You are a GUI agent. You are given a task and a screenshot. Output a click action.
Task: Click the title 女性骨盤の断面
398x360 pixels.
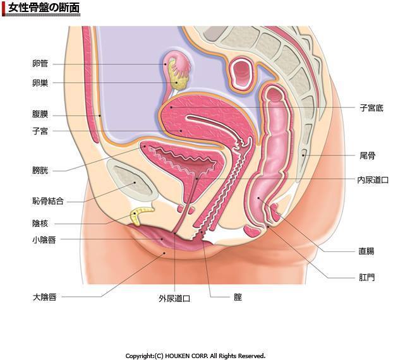pyautogui.click(x=44, y=8)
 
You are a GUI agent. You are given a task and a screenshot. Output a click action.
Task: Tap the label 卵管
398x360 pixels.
pyautogui.click(x=40, y=64)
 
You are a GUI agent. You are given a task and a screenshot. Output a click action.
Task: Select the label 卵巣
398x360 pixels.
pyautogui.click(x=40, y=83)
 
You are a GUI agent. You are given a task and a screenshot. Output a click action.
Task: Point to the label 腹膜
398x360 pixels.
pyautogui.click(x=40, y=114)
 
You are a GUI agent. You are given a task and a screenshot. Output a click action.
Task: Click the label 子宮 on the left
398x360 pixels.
pyautogui.click(x=40, y=131)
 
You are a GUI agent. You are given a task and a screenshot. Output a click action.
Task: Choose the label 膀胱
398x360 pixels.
pyautogui.click(x=40, y=171)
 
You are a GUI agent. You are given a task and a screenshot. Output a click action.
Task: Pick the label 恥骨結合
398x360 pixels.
pyautogui.click(x=48, y=201)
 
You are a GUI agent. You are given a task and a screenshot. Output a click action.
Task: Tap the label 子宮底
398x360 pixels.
pyautogui.click(x=371, y=109)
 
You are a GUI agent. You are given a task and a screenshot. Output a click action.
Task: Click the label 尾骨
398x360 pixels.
pyautogui.click(x=368, y=155)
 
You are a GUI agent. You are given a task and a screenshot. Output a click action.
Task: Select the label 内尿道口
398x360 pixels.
pyautogui.click(x=373, y=180)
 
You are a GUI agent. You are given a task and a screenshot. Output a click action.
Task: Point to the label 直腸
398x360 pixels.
pyautogui.click(x=366, y=251)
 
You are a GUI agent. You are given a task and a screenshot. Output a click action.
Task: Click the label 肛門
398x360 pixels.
pyautogui.click(x=367, y=277)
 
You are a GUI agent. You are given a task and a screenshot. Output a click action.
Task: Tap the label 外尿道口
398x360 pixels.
pyautogui.click(x=174, y=299)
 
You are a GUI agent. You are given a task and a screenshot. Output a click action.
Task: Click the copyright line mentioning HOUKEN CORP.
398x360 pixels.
pyautogui.click(x=195, y=356)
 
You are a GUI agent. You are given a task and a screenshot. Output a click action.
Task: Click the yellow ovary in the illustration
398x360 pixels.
pyautogui.click(x=179, y=81)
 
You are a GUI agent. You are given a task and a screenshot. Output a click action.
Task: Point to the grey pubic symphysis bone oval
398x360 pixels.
pyautogui.click(x=133, y=181)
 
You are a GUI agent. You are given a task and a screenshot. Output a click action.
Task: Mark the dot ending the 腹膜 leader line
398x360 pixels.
pyautogui.click(x=100, y=116)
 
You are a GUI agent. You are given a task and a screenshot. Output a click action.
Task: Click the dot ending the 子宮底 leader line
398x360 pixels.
pyautogui.click(x=171, y=107)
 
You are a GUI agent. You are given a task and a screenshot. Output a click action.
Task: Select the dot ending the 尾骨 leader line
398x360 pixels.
pyautogui.click(x=303, y=155)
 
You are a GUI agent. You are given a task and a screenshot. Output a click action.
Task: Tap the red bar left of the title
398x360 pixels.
pyautogui.click(x=3, y=8)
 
